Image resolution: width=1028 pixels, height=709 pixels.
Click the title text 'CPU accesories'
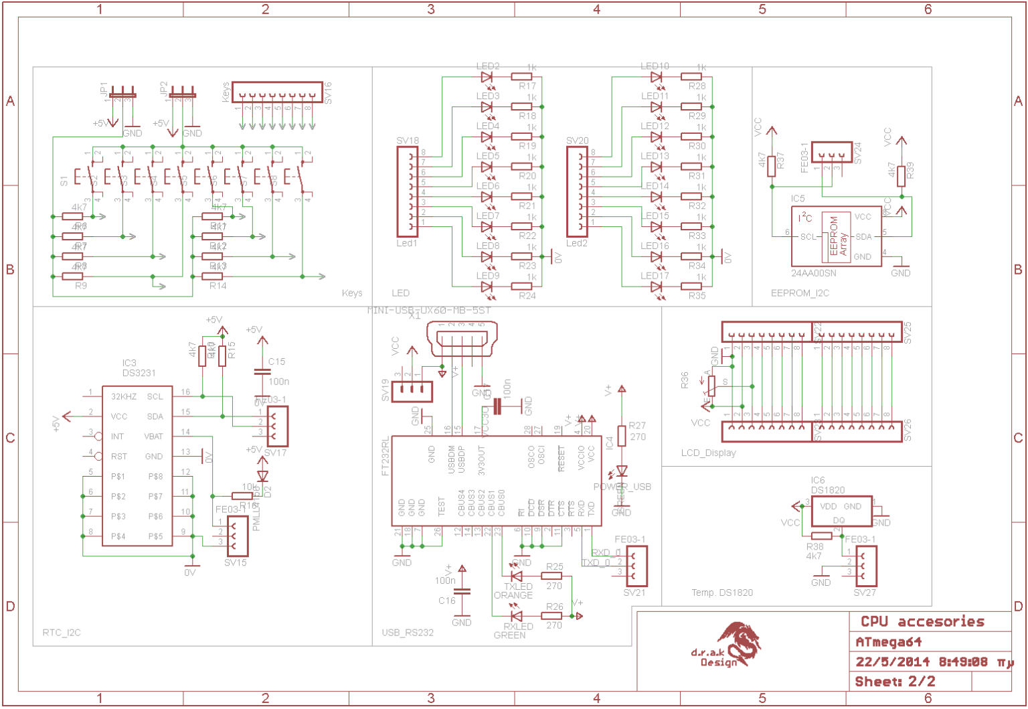(922, 622)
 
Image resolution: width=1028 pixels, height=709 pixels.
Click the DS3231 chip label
(139, 373)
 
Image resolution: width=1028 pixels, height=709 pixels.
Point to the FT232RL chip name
(385, 457)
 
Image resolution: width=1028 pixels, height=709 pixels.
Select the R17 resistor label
(527, 86)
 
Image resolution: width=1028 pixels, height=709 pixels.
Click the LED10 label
(655, 66)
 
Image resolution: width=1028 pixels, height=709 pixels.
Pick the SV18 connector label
(408, 141)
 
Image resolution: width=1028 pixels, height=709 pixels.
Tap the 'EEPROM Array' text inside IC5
(838, 236)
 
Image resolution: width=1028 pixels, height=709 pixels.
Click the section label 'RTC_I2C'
(62, 633)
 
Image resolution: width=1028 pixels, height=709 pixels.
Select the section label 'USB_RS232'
(408, 633)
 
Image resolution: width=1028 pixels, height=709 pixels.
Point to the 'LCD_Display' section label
(708, 453)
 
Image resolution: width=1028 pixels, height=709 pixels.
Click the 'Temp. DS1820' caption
(722, 593)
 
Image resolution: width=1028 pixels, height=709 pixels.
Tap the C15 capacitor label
(276, 362)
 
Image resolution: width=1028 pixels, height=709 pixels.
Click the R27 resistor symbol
(622, 435)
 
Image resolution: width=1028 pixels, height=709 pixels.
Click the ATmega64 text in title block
(889, 642)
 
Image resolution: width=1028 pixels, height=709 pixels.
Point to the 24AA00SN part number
(813, 273)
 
